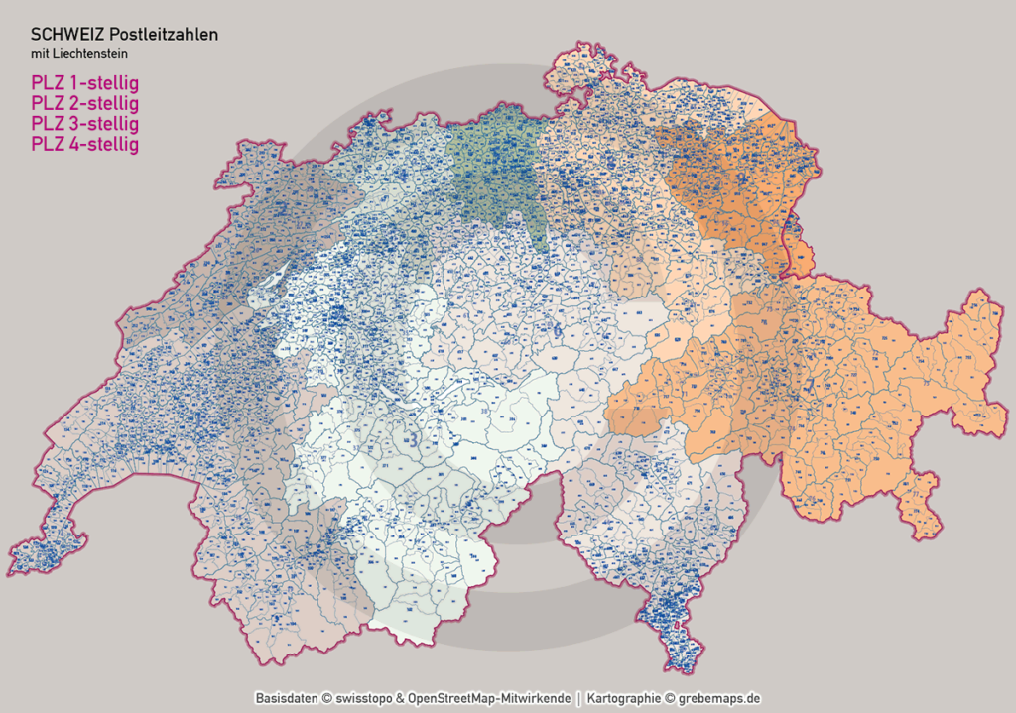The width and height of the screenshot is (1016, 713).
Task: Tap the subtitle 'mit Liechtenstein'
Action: [78, 53]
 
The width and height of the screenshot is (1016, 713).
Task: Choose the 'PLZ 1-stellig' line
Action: [84, 81]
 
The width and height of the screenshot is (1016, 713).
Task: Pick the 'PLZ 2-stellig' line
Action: [84, 102]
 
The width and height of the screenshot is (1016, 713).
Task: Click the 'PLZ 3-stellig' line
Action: [84, 123]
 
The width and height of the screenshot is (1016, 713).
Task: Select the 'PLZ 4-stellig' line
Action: [84, 144]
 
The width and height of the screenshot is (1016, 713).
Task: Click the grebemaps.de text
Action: [721, 698]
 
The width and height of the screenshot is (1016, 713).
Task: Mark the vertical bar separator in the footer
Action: [580, 698]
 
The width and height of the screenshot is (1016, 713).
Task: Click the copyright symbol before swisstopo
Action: [326, 698]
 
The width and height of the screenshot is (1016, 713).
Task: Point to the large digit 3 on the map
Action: [484, 411]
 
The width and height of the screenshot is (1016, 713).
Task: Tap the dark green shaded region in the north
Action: [493, 178]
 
